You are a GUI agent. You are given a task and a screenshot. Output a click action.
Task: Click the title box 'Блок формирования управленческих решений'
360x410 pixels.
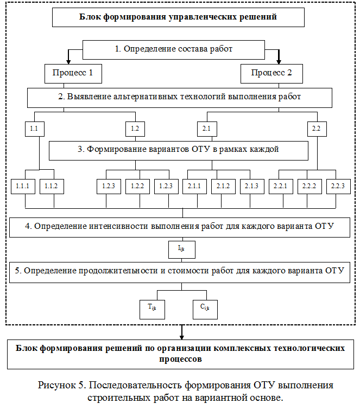[x=178, y=17]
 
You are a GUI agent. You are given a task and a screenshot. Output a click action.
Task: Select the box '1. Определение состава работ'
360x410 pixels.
[x=174, y=49]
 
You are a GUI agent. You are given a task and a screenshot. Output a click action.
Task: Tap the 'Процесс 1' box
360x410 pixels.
[x=73, y=73]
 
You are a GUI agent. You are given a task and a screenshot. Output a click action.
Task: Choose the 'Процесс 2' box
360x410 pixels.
[x=271, y=73]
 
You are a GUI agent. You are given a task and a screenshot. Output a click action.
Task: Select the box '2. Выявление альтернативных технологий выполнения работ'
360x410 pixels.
[x=180, y=98]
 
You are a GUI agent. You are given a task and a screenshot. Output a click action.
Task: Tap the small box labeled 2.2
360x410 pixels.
[x=317, y=129]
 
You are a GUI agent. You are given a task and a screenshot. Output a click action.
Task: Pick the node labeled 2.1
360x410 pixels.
[x=207, y=129]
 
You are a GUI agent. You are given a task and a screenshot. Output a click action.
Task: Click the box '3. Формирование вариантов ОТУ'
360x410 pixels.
[x=179, y=150]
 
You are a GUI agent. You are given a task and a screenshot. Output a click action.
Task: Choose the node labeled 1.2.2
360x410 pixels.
[x=137, y=186]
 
